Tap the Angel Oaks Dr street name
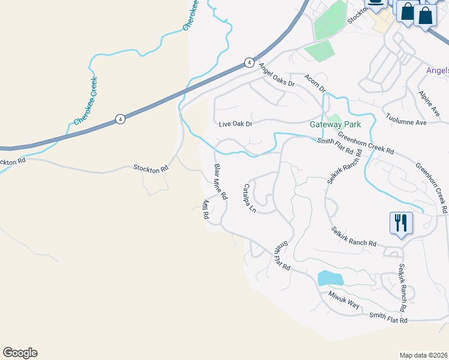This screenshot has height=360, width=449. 277,75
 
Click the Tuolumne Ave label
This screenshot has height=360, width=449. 406,118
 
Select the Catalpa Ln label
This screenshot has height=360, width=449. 249,199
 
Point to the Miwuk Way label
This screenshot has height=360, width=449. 344,300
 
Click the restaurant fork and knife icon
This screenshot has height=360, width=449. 400,223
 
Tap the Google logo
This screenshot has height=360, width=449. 20,353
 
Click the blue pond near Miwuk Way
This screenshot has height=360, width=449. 331,278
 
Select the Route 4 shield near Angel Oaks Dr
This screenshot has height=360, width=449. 249,62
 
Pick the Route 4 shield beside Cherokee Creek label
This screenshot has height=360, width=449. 121,119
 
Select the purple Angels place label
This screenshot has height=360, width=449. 437,70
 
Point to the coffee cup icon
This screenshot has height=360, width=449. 376,4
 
